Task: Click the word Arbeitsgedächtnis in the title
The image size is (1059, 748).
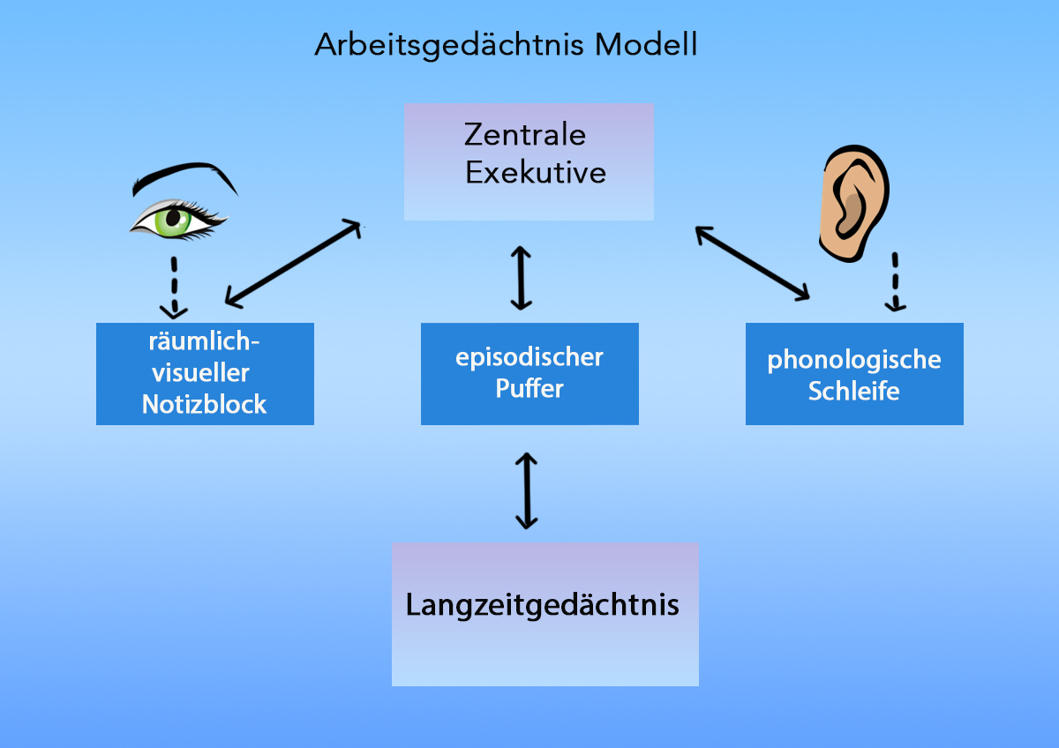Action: click(x=450, y=45)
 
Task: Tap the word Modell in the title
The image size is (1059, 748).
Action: click(x=646, y=45)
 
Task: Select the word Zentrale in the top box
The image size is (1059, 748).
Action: click(x=525, y=135)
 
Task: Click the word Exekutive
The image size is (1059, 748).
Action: click(x=536, y=172)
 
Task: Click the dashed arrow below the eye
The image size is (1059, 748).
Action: click(x=175, y=288)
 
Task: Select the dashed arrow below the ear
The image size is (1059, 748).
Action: click(x=897, y=282)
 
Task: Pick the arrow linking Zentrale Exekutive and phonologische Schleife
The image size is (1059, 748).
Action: click(x=753, y=263)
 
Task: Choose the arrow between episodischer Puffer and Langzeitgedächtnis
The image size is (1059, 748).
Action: click(x=526, y=490)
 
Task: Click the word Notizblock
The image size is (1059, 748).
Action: click(x=205, y=404)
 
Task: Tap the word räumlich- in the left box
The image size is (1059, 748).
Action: click(x=205, y=343)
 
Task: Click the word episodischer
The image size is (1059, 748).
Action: click(x=529, y=357)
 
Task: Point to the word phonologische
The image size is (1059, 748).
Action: click(x=854, y=360)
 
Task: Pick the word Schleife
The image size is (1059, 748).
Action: click(x=854, y=391)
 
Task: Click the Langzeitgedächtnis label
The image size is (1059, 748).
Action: click(x=543, y=605)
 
